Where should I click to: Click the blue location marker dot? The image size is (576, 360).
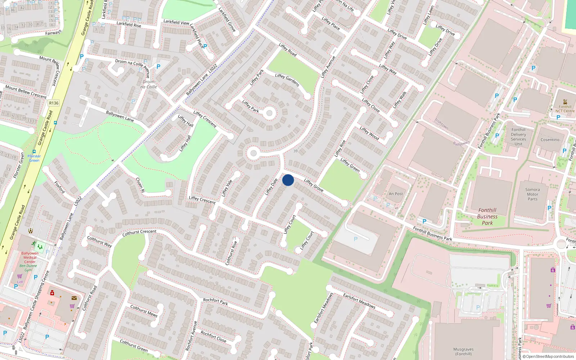(x=288, y=180)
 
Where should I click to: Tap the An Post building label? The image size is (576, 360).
(x=396, y=194)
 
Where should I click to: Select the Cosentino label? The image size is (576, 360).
(x=550, y=140)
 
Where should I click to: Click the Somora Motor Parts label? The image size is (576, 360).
(x=532, y=194)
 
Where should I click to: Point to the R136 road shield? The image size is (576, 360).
(x=54, y=103)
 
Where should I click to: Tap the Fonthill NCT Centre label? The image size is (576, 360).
(x=565, y=109)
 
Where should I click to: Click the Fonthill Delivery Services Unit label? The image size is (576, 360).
(x=518, y=137)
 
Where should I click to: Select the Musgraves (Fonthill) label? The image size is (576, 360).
(x=463, y=351)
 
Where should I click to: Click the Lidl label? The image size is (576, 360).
(x=20, y=282)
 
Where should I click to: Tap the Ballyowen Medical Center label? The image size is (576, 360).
(x=30, y=257)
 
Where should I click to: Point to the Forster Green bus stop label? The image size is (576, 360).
(x=34, y=158)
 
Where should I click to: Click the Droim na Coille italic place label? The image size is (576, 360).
(x=148, y=84)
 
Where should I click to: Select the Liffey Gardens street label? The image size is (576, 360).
(x=287, y=80)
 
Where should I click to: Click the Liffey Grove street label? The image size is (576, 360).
(x=314, y=185)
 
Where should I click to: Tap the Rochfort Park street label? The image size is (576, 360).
(x=215, y=301)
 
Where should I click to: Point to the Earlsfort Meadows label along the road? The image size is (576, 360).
(x=359, y=301)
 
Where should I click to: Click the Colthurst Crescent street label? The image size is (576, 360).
(x=139, y=233)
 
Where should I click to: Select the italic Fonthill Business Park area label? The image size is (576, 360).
(x=487, y=216)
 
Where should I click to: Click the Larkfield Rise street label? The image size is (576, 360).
(x=129, y=24)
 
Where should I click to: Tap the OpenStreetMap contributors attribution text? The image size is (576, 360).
(x=548, y=357)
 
